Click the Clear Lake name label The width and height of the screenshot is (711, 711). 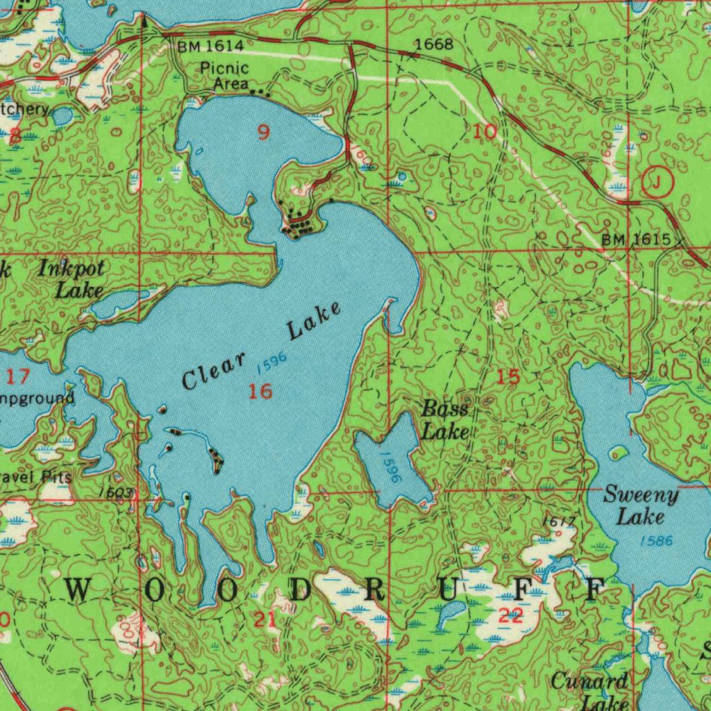pos(262,346)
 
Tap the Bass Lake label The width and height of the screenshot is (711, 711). pos(445,420)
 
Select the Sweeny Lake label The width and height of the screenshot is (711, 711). pos(640,505)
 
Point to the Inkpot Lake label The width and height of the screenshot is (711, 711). pos(72,278)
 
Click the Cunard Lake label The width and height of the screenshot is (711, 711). pos(589,692)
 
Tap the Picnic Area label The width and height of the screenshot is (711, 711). pos(224,76)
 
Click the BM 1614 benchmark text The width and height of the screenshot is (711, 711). pos(210,47)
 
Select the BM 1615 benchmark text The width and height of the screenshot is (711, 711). pos(635,240)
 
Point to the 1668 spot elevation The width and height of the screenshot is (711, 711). pos(433,45)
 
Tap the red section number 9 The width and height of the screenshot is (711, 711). pos(263,132)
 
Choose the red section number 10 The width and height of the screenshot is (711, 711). pos(485,132)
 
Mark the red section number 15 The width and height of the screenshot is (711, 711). pos(508,378)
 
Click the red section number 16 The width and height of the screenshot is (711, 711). pos(260,392)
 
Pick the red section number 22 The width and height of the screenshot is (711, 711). pos(511,615)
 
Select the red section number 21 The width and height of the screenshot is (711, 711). pos(265,620)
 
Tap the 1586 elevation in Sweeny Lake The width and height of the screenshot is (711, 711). pos(656,540)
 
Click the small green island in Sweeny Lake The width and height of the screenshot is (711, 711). pos(617,453)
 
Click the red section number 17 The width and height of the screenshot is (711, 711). pos(19,377)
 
